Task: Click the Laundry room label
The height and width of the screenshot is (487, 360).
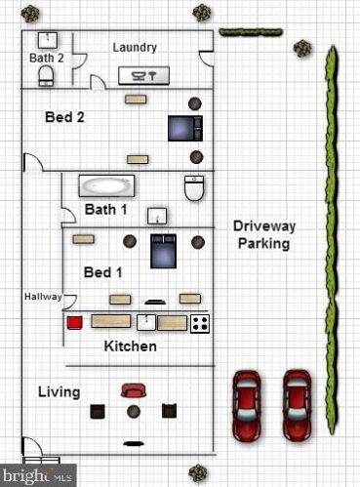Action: [135, 48]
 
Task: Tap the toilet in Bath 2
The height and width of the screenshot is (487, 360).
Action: [46, 76]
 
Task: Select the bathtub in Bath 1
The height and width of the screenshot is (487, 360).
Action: [106, 185]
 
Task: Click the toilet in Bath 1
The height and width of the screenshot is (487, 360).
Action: [194, 187]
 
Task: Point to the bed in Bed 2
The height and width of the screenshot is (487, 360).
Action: [185, 128]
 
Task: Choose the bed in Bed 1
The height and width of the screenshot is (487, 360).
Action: [163, 251]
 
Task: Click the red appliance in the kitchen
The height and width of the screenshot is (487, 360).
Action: [74, 323]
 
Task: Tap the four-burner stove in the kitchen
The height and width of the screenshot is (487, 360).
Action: [200, 323]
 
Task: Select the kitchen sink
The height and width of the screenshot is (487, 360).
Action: [146, 322]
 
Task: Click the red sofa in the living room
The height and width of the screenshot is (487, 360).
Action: [134, 390]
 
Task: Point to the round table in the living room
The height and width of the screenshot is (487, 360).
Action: [134, 412]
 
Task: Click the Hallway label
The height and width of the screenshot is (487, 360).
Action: [43, 297]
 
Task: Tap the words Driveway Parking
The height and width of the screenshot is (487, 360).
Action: [264, 234]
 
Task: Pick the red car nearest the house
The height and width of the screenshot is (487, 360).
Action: [247, 405]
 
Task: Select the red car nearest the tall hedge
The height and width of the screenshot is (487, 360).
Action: [297, 405]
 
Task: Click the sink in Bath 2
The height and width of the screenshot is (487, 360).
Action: [48, 40]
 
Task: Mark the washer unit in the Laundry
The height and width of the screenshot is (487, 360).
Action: [143, 76]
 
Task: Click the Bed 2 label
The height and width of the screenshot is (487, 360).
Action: [64, 117]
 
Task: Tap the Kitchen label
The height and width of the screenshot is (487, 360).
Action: [131, 346]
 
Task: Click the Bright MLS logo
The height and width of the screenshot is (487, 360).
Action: [38, 475]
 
